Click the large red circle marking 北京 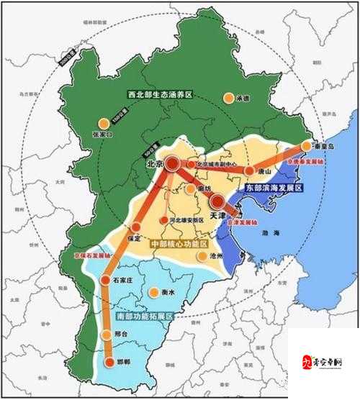point(174,164)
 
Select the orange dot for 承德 point(228,97)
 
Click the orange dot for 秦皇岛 point(306,146)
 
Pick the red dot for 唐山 point(249,171)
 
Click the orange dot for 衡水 point(153,292)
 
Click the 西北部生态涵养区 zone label point(161,94)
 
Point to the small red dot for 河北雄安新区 point(164,219)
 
